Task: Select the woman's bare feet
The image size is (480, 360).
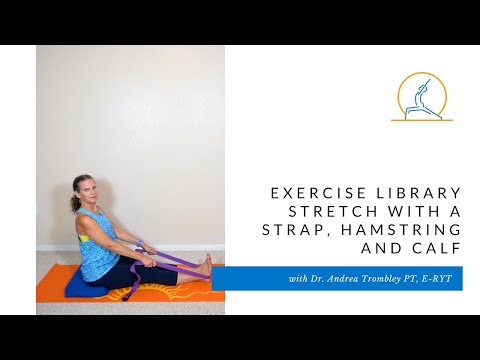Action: pos(205,265)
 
